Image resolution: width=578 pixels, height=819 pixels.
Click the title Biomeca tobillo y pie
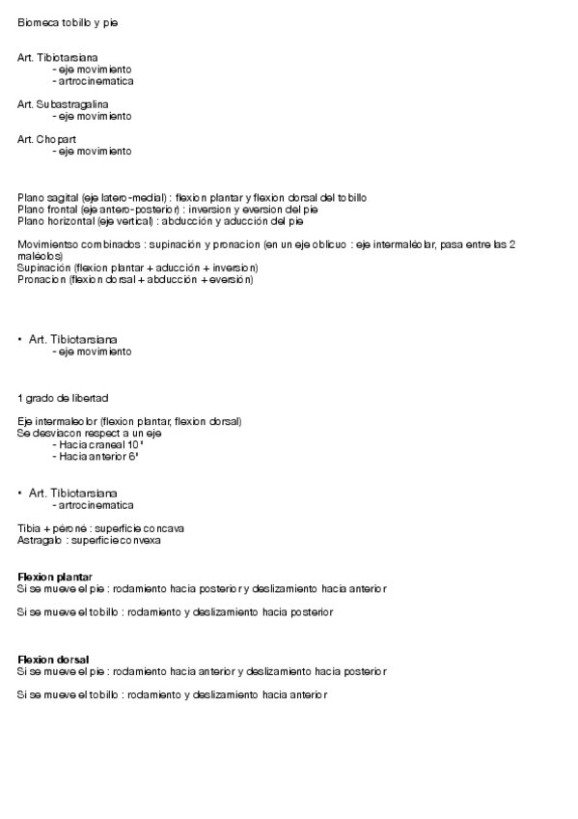(x=68, y=21)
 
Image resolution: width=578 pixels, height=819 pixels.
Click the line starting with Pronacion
(x=135, y=279)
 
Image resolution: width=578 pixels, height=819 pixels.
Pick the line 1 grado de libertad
(x=63, y=398)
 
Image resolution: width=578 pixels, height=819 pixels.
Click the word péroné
(x=69, y=528)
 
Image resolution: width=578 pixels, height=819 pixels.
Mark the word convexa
(x=140, y=540)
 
